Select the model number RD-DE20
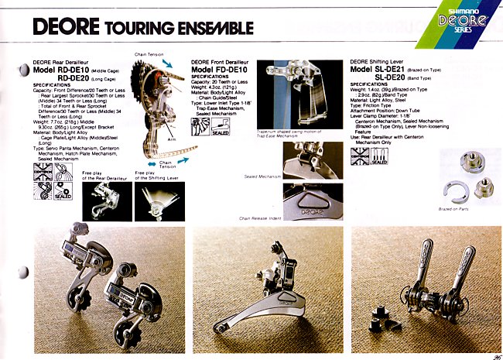[x=77, y=78]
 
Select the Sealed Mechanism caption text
[x=262, y=177]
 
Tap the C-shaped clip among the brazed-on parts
[x=450, y=190]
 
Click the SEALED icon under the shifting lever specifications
[x=379, y=159]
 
